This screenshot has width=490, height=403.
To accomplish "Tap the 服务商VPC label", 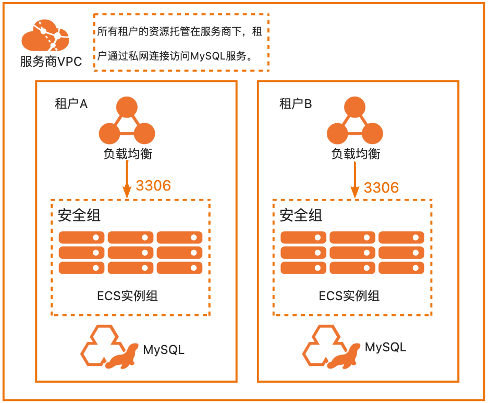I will tap(51, 62).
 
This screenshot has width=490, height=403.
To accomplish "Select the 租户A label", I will tap(71, 104).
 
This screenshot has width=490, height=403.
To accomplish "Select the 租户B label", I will tap(296, 104).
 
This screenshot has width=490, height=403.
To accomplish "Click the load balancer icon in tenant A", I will tap(127, 122).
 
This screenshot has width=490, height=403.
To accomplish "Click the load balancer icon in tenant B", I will tap(355, 122).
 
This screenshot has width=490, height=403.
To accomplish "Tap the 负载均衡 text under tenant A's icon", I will tap(128, 153).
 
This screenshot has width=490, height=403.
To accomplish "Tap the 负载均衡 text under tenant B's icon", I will tap(356, 153).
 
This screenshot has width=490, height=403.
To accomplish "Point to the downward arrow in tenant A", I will tap(127, 180).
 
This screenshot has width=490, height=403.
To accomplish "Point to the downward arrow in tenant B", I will tap(354, 180).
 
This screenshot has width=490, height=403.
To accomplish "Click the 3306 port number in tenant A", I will tap(153, 185).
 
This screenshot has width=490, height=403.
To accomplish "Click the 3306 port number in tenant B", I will tap(381, 187).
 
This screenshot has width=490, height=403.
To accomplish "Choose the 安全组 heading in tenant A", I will tap(79, 215).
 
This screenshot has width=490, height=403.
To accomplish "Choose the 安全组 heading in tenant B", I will tap(301, 215).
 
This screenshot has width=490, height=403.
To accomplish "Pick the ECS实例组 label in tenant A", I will tap(128, 297).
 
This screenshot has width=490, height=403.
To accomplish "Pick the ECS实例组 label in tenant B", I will tap(349, 297).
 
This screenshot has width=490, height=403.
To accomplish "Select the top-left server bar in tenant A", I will tap(82, 238).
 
